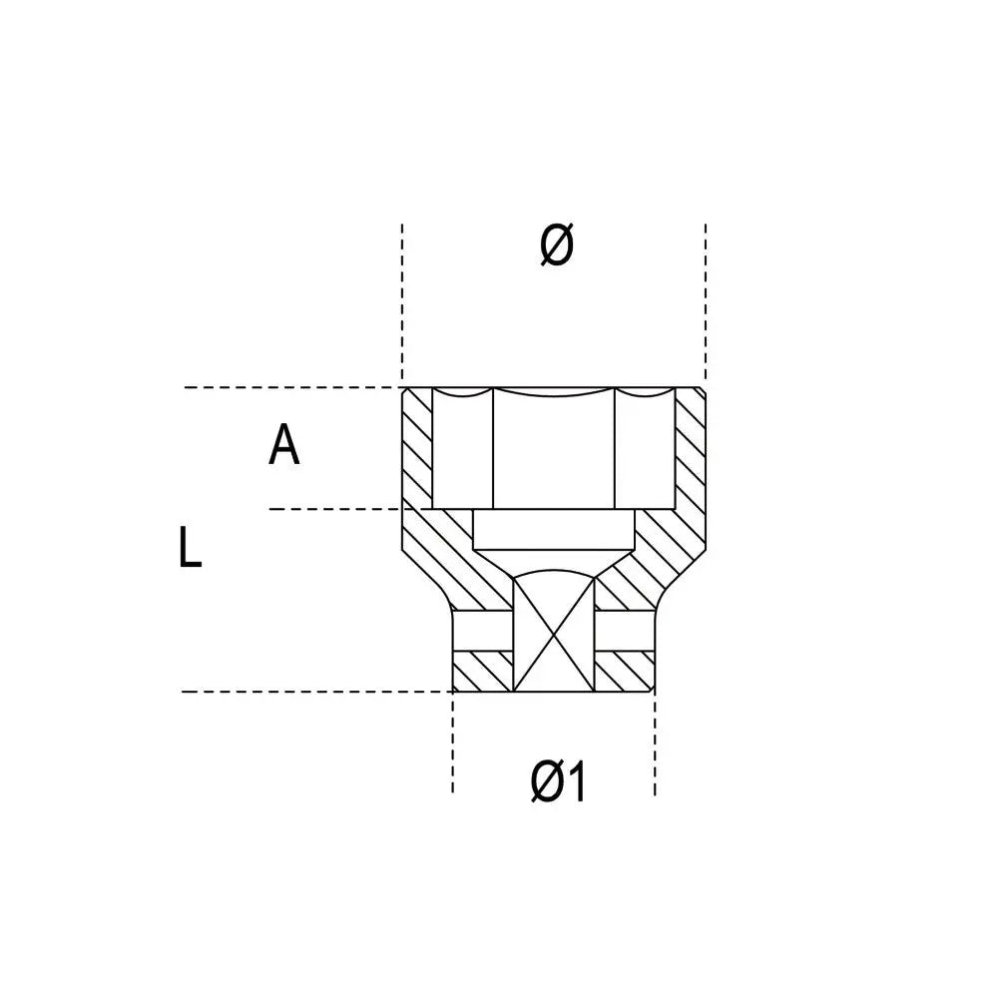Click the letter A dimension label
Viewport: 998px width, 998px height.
click(283, 445)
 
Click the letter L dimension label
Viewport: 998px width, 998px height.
click(190, 547)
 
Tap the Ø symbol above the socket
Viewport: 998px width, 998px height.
click(556, 245)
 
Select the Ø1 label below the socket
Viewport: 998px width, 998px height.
click(558, 782)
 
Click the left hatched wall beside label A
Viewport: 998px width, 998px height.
click(417, 448)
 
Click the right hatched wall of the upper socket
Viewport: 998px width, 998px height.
click(690, 448)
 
